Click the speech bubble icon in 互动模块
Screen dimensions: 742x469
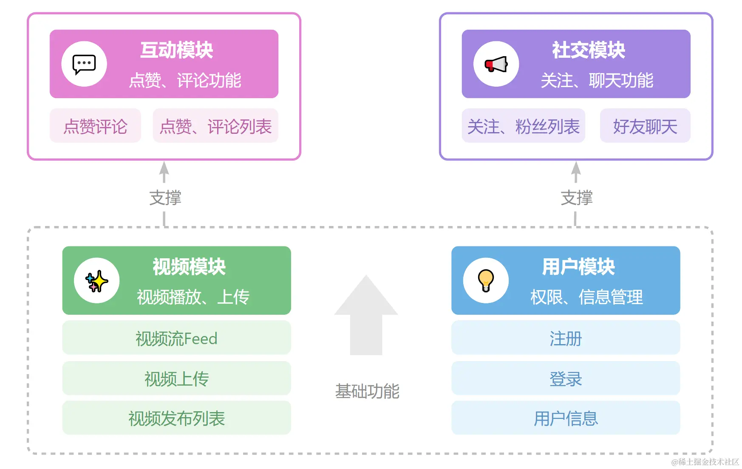click(84, 64)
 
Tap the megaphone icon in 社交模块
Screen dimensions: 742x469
click(496, 64)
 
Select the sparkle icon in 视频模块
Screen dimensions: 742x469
click(97, 281)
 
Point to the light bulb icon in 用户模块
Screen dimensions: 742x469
click(486, 281)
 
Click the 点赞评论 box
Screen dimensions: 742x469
click(95, 126)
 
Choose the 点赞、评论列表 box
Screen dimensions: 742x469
click(215, 126)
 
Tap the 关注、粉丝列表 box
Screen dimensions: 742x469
click(523, 126)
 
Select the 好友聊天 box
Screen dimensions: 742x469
click(645, 126)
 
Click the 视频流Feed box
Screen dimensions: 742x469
click(176, 338)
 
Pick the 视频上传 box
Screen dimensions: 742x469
click(176, 379)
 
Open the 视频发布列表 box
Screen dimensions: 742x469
click(176, 418)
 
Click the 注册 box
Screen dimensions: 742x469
click(566, 338)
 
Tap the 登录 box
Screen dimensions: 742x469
click(566, 379)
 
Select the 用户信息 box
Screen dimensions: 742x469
click(566, 418)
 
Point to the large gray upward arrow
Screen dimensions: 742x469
click(366, 316)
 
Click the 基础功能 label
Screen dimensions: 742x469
click(367, 391)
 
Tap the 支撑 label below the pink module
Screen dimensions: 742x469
click(165, 198)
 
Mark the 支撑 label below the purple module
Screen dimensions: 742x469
click(576, 198)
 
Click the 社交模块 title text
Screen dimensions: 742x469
click(589, 50)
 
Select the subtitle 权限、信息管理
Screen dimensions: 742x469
click(586, 297)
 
